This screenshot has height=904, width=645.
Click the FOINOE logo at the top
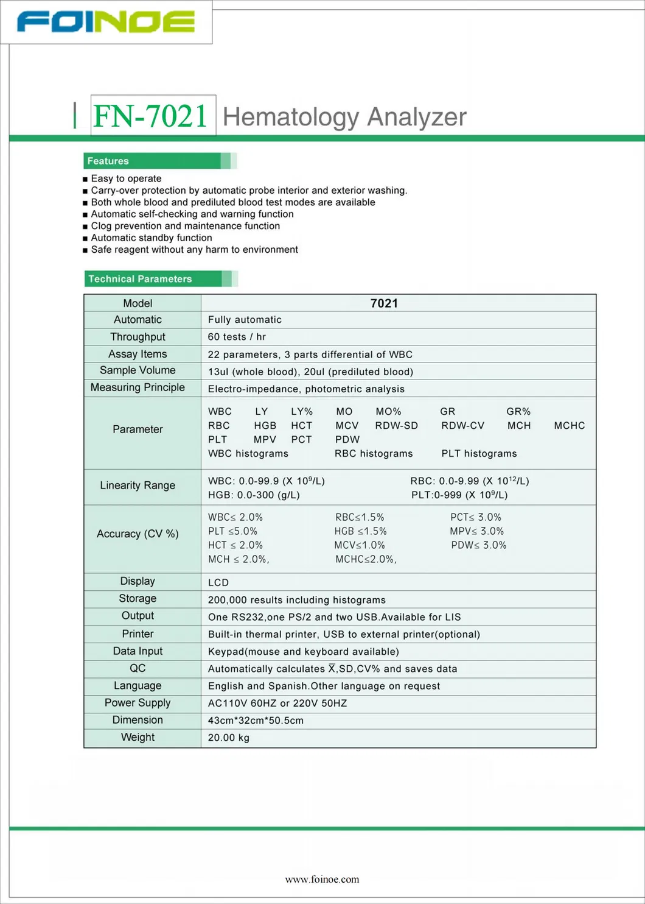click(106, 21)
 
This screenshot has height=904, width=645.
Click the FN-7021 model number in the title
click(151, 116)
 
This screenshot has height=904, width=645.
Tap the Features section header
click(108, 161)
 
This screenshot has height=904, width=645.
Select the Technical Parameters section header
click(140, 279)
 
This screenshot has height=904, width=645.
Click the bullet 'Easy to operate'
click(126, 178)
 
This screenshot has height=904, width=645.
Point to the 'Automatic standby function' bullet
click(152, 238)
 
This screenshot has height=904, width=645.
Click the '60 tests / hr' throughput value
click(237, 337)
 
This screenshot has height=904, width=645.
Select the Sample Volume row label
click(138, 370)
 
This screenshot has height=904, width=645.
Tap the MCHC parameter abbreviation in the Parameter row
click(569, 426)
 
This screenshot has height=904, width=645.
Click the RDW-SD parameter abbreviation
click(396, 426)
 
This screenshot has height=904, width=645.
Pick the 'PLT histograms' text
click(479, 454)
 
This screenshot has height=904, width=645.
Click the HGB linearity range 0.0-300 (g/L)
click(254, 495)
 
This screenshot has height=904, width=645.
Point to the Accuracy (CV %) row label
click(138, 534)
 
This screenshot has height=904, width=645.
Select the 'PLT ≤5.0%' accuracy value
click(232, 531)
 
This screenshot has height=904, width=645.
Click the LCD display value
click(218, 582)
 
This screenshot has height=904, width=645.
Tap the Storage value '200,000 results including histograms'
click(296, 600)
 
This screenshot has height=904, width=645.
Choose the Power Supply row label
click(138, 703)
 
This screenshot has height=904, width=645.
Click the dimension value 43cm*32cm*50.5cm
click(256, 721)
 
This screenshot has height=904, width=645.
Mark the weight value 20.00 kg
click(229, 738)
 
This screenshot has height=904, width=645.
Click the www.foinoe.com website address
click(322, 879)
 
